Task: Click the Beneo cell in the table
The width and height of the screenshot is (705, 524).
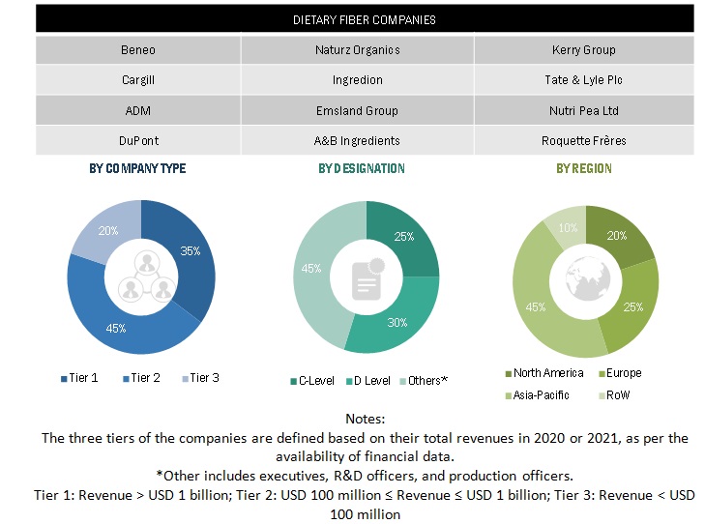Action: (137, 49)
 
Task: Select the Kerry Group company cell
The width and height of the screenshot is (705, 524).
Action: (583, 49)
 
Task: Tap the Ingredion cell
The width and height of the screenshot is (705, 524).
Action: (356, 80)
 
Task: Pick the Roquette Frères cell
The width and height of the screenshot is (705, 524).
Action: (583, 140)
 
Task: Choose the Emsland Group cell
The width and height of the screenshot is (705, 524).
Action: (356, 110)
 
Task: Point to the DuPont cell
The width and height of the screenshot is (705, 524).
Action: (137, 140)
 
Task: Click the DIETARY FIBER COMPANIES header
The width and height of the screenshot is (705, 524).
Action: (365, 19)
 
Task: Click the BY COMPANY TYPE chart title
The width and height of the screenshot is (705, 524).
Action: (137, 168)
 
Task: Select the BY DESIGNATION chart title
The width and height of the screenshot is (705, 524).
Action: (362, 168)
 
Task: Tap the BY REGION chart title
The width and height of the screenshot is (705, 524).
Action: (583, 168)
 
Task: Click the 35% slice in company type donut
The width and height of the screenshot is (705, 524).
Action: (191, 251)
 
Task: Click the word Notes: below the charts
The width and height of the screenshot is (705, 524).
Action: (365, 420)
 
